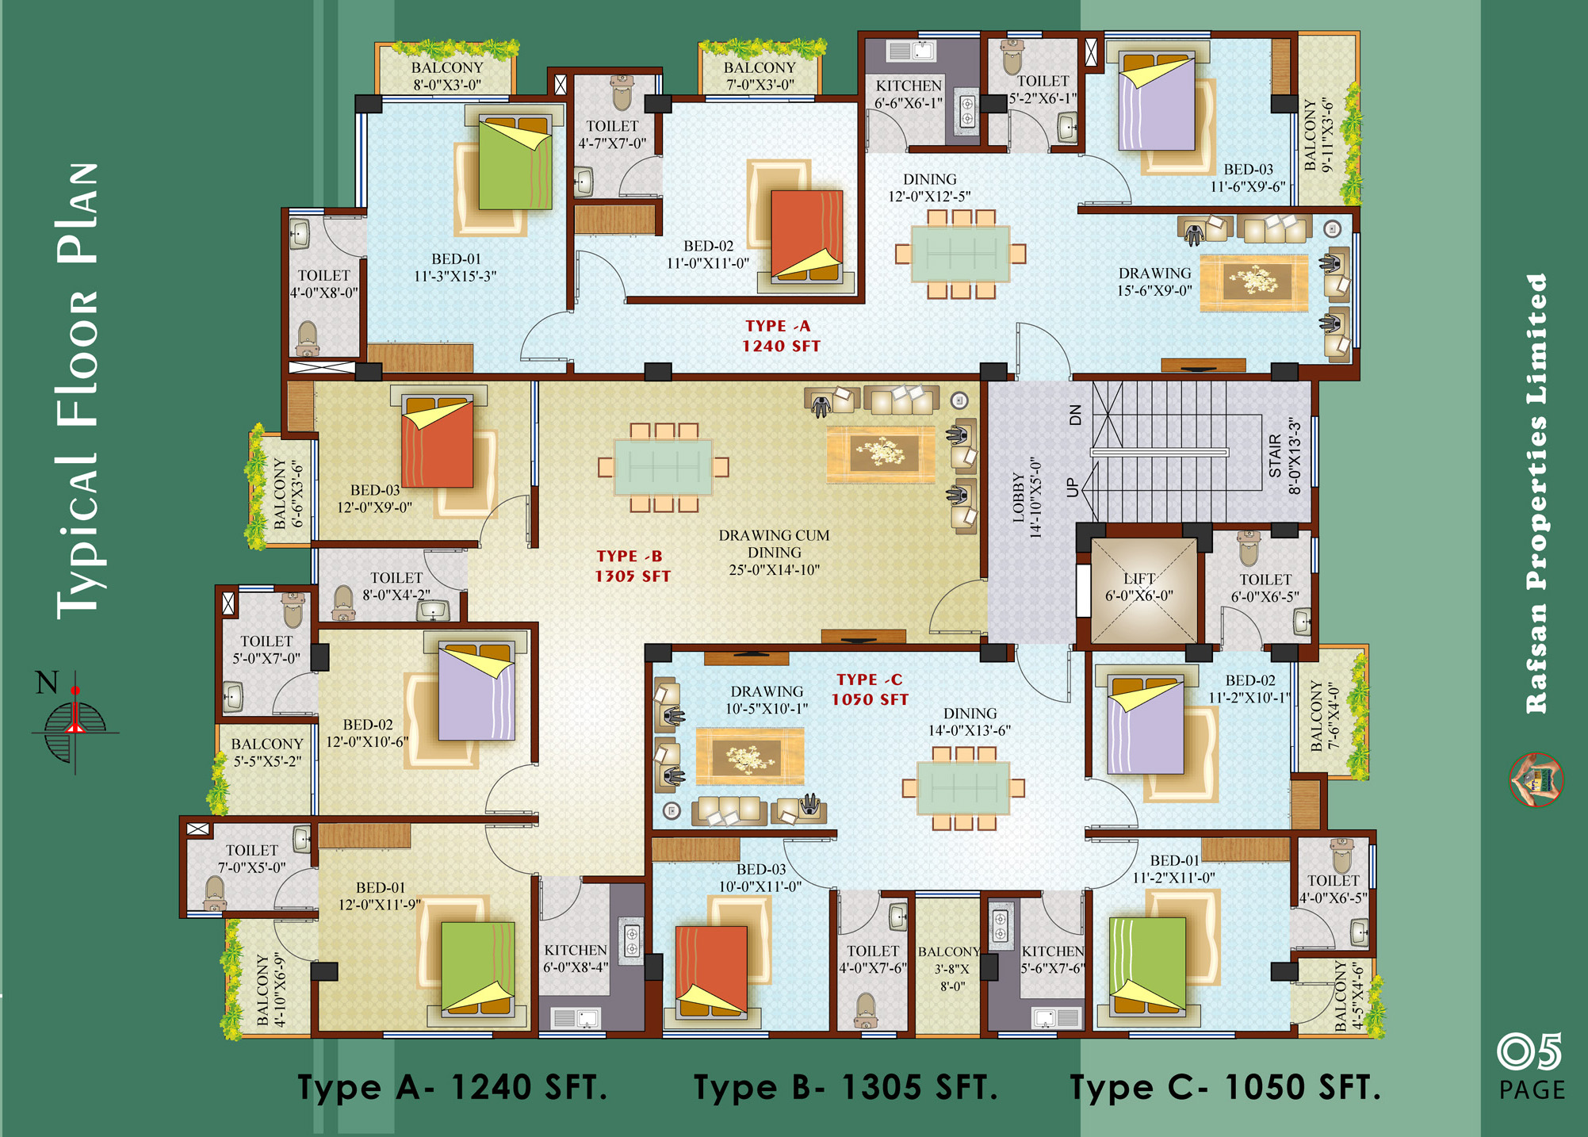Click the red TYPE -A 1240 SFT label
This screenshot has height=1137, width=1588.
(x=782, y=336)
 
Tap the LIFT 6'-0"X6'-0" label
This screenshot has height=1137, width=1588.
(x=1138, y=587)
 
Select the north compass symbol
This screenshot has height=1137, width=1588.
(x=75, y=721)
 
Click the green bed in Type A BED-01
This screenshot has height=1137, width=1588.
(x=515, y=163)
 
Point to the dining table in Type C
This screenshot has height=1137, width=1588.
(x=963, y=787)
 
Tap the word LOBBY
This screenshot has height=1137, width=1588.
(x=1018, y=498)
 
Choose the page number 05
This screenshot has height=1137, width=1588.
(x=1529, y=1052)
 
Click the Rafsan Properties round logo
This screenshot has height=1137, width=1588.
(x=1536, y=779)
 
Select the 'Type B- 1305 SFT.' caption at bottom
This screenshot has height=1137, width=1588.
(x=845, y=1087)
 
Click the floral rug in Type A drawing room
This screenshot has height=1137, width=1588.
(x=1253, y=282)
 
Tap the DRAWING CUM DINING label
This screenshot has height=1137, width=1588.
(x=774, y=553)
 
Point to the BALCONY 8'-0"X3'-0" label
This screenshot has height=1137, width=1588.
(x=447, y=76)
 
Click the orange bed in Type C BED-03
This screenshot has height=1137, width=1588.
(x=711, y=970)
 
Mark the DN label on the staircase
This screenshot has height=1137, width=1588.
(x=1075, y=415)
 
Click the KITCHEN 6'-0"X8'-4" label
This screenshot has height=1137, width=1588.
(x=576, y=959)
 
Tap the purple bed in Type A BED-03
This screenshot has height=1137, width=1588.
(x=1156, y=102)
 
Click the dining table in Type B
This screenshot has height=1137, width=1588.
(x=664, y=467)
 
